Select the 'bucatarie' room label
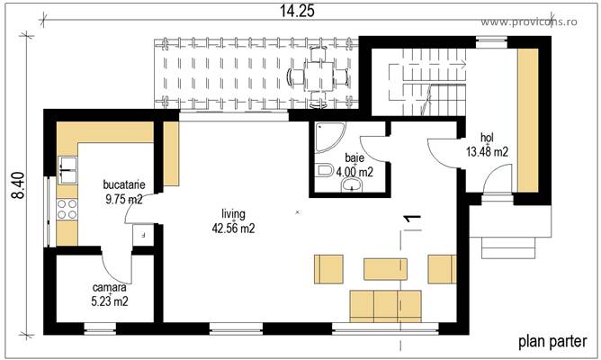click(124, 185)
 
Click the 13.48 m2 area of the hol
click(487, 151)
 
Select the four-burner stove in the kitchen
click(67, 211)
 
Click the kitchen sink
click(67, 166)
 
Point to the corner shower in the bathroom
click(325, 135)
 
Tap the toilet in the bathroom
click(324, 170)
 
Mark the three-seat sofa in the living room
click(385, 305)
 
